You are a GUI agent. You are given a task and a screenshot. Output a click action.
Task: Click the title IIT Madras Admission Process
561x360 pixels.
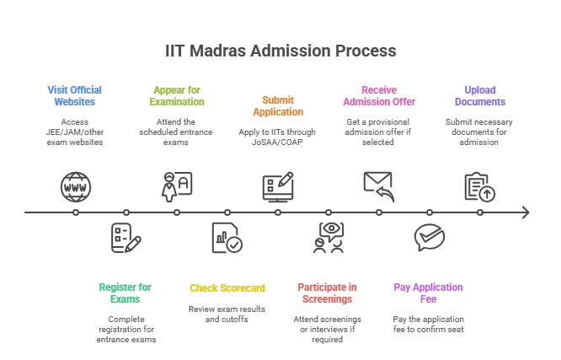[280, 51]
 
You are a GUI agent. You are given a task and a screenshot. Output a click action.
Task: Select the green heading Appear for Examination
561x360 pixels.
[177, 95]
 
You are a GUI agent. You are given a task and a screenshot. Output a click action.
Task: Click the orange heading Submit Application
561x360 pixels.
[278, 105]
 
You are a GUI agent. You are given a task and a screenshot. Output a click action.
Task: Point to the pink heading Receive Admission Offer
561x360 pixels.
[378, 95]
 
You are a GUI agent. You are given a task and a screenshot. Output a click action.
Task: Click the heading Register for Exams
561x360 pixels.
[126, 293]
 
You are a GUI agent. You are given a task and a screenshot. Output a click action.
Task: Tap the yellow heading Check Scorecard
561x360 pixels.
[227, 287]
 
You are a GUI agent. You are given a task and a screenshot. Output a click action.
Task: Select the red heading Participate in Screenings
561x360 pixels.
[328, 293]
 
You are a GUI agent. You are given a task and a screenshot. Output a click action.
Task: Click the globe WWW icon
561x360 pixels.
[74, 186]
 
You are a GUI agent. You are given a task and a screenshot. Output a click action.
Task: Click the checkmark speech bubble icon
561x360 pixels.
[429, 238]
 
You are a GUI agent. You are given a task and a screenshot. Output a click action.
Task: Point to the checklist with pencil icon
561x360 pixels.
[126, 239]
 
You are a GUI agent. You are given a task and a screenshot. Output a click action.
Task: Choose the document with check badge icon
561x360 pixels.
[227, 239]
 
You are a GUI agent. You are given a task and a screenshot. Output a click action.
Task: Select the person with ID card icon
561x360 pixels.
[176, 186]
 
